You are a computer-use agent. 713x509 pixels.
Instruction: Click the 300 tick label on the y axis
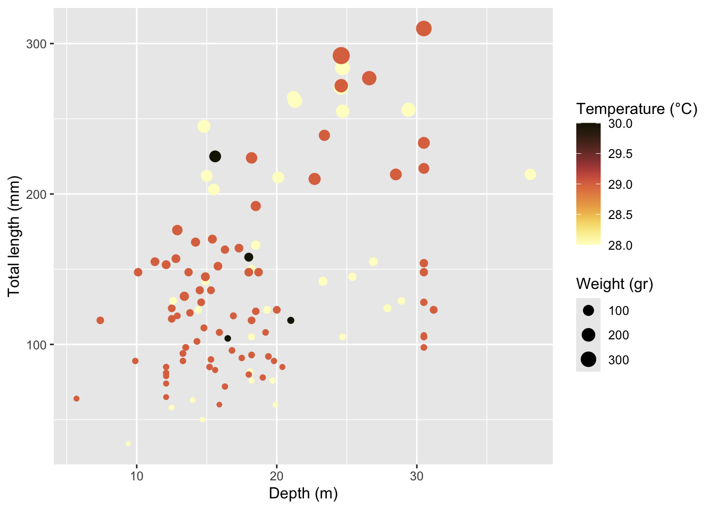36,43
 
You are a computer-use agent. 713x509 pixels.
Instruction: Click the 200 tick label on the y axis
36,194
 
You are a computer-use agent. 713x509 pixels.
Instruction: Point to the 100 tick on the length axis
36,345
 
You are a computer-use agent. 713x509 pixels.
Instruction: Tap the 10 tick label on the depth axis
137,476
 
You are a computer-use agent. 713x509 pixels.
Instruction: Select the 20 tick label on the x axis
276,476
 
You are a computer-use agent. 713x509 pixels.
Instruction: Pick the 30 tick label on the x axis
416,476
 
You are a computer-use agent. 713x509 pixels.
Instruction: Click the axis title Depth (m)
303,494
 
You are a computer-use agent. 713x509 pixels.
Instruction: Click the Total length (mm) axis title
14,236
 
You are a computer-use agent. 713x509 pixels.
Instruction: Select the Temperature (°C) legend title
637,109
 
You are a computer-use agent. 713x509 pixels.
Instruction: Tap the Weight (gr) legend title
614,284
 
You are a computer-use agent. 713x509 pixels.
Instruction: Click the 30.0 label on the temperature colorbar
620,124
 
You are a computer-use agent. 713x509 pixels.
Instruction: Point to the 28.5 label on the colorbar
620,215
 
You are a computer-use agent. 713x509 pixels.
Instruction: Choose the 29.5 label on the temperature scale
620,154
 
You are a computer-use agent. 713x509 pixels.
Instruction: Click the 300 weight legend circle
588,359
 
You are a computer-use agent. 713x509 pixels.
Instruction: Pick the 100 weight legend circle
588,310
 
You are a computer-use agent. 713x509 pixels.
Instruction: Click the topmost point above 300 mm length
423,29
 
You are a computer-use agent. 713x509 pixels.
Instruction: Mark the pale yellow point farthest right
530,174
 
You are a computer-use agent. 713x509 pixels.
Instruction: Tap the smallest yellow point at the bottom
128,444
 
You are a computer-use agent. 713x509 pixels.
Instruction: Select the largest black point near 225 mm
215,156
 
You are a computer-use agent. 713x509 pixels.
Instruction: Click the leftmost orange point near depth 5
76,399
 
